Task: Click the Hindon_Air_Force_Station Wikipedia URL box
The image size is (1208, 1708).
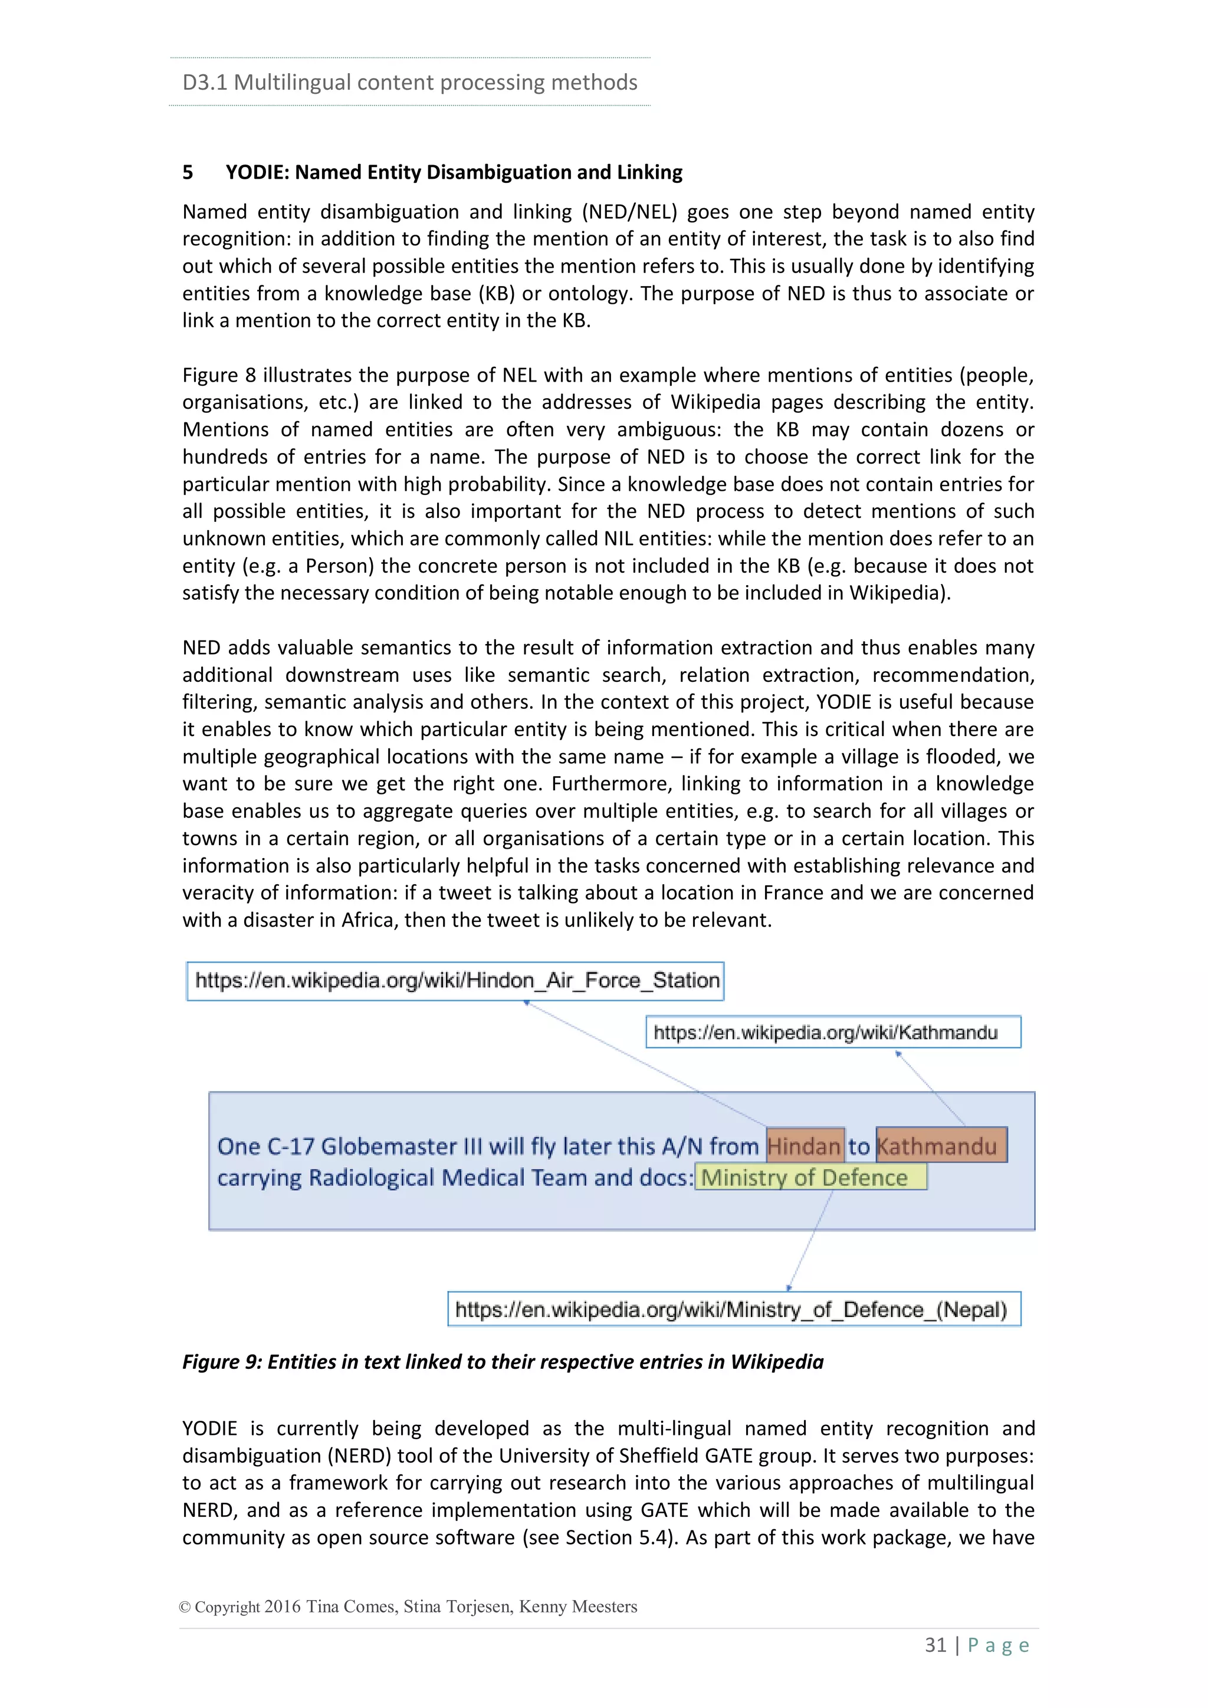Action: coord(455,980)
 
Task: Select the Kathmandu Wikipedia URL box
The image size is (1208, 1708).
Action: coord(832,1032)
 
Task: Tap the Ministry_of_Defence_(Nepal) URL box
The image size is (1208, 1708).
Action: coord(733,1309)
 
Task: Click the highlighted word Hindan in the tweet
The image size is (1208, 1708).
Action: coord(805,1145)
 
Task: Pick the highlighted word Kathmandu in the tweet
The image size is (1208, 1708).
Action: coord(940,1145)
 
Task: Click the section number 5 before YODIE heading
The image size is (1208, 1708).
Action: coord(188,173)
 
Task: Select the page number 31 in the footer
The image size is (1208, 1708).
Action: coord(935,1645)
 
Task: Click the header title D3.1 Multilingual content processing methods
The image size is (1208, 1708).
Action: coord(410,82)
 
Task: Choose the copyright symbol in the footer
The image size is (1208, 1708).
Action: coord(185,1607)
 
